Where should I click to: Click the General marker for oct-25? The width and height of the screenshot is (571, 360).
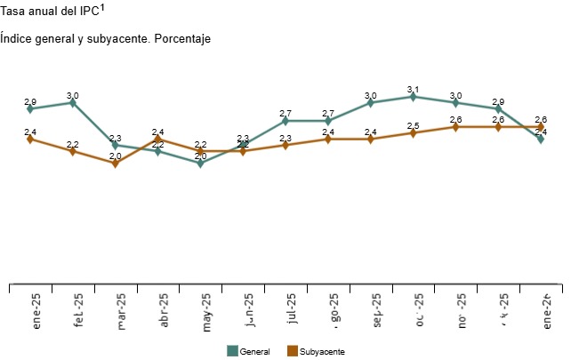(x=414, y=97)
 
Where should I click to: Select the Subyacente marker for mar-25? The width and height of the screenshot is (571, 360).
(x=116, y=164)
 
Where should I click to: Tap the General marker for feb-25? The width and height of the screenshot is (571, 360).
(x=73, y=103)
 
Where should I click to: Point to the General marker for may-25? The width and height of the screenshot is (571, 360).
(x=201, y=164)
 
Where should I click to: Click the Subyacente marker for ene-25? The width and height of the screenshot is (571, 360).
(x=30, y=139)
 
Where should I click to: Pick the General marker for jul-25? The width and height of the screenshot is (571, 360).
(x=285, y=121)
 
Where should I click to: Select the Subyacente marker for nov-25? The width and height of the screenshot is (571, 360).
(x=456, y=127)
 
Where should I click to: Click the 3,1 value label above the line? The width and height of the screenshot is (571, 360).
(x=413, y=89)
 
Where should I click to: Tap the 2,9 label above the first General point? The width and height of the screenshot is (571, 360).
(x=30, y=101)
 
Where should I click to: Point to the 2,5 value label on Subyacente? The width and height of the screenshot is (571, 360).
(x=414, y=125)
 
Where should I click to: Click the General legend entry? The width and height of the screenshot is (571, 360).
(x=253, y=352)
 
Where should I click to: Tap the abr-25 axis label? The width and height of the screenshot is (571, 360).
(x=165, y=311)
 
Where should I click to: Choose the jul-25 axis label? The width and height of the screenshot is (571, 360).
(x=293, y=311)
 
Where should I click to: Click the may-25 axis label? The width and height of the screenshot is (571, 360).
(x=207, y=311)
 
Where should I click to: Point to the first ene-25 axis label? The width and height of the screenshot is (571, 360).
(x=37, y=311)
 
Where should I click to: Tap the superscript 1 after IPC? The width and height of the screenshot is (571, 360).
(x=103, y=8)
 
